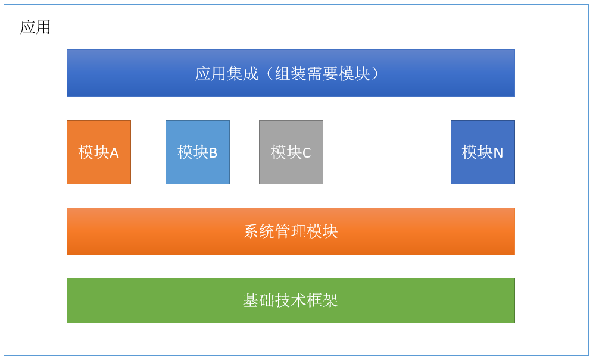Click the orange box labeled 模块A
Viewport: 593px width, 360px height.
coord(99,152)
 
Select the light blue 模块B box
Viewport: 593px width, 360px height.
coord(198,152)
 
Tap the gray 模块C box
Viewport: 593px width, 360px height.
coord(291,152)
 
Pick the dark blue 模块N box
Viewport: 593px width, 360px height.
coord(483,152)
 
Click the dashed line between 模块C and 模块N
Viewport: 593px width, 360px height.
coord(387,152)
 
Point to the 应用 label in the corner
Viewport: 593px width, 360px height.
coord(35,27)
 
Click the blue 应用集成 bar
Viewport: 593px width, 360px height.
coord(291,73)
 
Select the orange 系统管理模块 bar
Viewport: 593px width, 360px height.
coord(291,231)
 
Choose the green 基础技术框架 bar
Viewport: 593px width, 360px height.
coord(291,300)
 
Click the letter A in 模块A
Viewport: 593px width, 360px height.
coord(114,153)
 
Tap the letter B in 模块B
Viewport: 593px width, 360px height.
coord(213,153)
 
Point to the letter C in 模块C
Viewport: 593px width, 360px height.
coord(307,153)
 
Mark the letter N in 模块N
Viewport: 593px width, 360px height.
coord(498,153)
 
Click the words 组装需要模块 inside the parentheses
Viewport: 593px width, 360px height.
coord(322,73)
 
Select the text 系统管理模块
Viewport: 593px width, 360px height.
coord(291,231)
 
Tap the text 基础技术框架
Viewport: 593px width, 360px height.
coord(291,300)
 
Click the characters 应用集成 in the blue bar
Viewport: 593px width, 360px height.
coord(226,73)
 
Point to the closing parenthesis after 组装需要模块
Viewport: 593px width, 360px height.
coord(374,73)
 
